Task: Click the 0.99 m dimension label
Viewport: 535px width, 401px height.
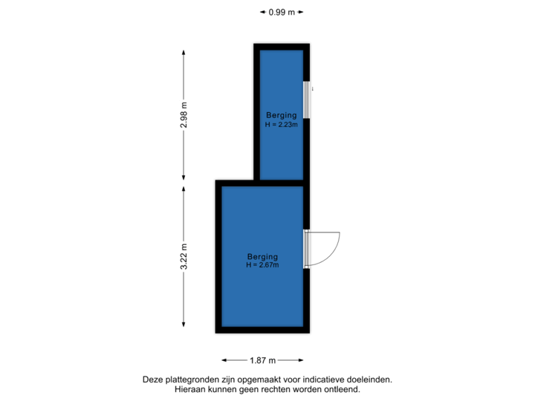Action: click(x=282, y=12)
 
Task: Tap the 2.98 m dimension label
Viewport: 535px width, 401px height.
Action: click(x=184, y=115)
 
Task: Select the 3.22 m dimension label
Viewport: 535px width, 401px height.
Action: click(x=184, y=257)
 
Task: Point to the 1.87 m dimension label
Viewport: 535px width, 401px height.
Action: click(x=262, y=360)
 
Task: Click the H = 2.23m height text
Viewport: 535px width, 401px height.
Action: click(x=282, y=125)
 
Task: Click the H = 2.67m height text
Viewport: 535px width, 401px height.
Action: click(x=262, y=265)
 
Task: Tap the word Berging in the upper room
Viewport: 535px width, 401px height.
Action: click(x=282, y=115)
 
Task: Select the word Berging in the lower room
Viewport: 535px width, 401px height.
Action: click(x=262, y=256)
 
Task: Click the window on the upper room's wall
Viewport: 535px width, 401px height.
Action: click(x=306, y=99)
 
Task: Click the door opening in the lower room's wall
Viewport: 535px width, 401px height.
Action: click(x=306, y=249)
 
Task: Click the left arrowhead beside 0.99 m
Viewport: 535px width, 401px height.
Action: click(x=262, y=12)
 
